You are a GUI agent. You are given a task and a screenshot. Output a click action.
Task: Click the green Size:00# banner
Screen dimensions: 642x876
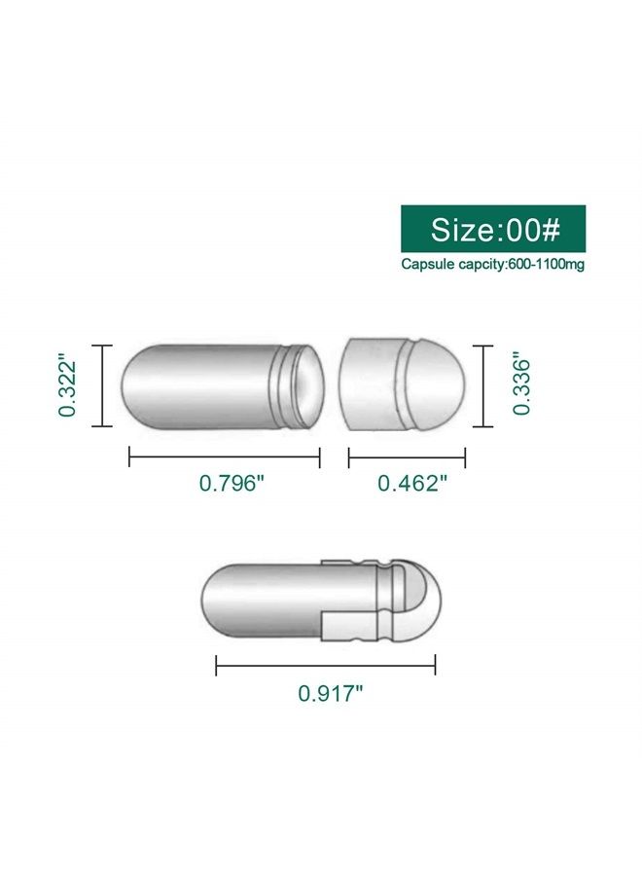tap(493, 229)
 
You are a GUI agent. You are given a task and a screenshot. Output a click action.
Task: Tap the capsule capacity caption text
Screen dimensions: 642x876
tap(493, 264)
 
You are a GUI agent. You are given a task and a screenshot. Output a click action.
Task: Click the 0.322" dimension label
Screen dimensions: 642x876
tap(67, 384)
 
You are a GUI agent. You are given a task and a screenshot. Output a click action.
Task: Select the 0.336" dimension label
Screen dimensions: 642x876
tap(521, 386)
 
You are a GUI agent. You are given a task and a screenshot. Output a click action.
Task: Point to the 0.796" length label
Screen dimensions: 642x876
tap(232, 483)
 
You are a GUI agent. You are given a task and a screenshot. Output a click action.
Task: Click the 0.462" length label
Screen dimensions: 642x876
tap(412, 483)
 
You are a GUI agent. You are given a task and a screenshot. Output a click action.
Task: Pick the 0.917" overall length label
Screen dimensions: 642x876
tap(331, 693)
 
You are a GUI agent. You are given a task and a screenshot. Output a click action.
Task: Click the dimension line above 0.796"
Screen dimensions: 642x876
tap(225, 457)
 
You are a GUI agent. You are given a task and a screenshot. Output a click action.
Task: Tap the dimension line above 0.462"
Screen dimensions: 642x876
tap(407, 458)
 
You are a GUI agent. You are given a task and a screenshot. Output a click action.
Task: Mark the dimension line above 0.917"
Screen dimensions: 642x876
tap(326, 666)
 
